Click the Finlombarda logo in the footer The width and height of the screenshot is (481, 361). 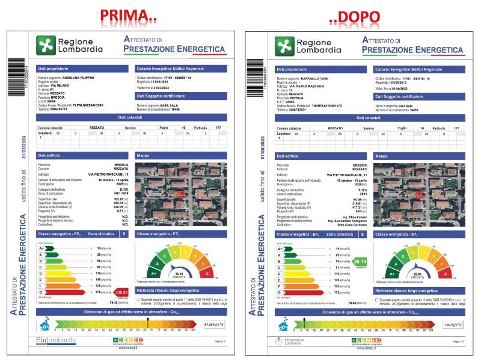[x=56, y=341]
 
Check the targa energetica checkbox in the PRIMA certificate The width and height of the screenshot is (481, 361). [x=138, y=298]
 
